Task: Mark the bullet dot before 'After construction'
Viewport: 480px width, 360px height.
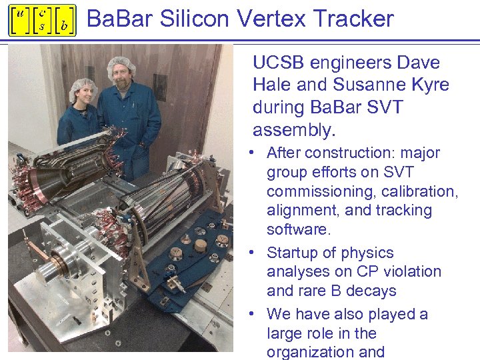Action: (x=256, y=153)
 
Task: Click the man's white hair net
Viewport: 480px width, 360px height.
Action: (x=121, y=63)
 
